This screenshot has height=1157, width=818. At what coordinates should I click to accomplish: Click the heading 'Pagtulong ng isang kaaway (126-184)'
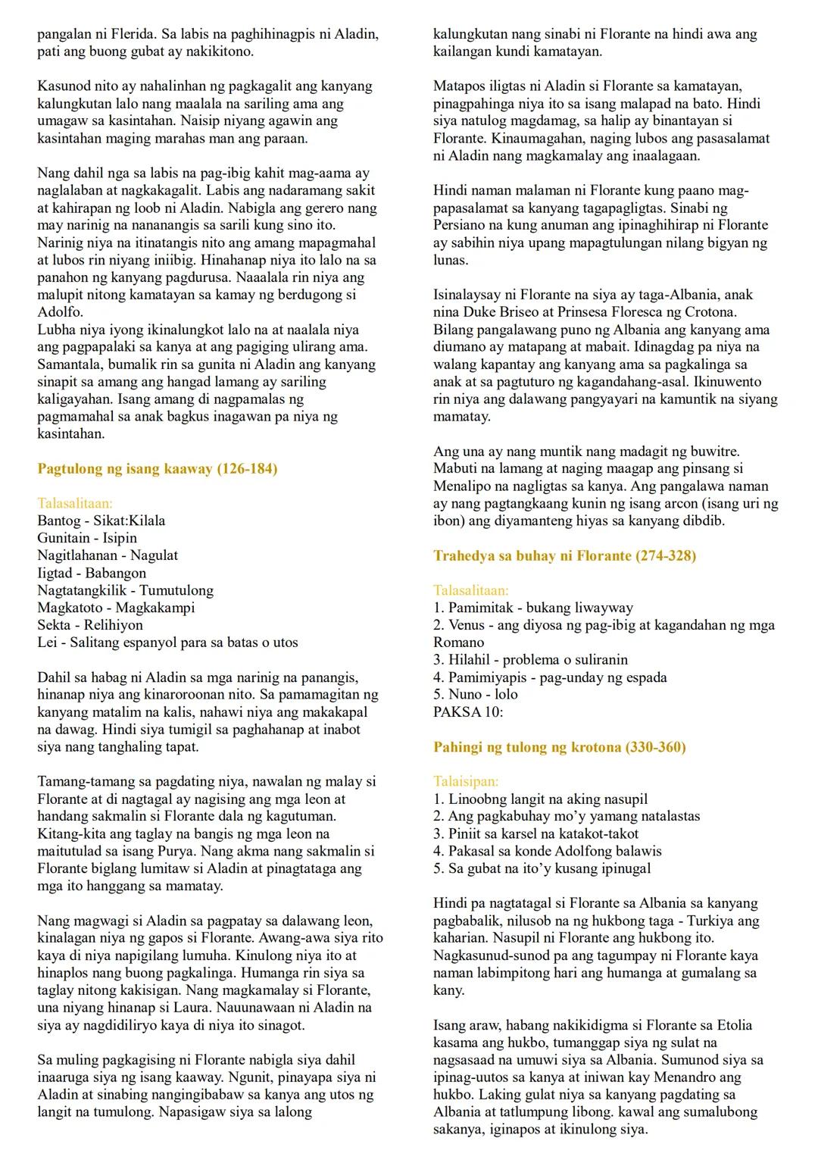click(x=158, y=468)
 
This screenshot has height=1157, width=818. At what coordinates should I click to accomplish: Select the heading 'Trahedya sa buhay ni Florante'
click(x=564, y=555)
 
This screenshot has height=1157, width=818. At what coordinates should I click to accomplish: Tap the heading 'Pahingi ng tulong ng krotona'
click(x=559, y=747)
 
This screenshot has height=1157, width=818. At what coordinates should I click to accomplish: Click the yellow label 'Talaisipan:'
click(x=466, y=781)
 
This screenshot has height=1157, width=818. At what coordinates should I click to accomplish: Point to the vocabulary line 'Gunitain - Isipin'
click(x=87, y=538)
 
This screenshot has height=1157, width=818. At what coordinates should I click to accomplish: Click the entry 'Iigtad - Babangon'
click(x=92, y=573)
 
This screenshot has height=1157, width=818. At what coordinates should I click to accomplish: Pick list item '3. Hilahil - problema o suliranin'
click(x=530, y=659)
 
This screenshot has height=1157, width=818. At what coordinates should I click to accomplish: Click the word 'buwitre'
click(x=713, y=452)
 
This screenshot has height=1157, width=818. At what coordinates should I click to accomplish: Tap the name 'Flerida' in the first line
click(x=119, y=34)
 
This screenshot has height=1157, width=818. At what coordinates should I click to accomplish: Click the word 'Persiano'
click(x=462, y=225)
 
